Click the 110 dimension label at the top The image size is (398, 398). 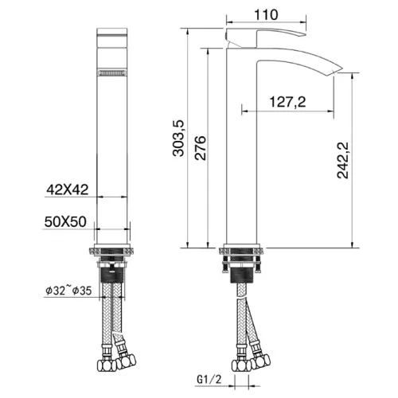(266, 15)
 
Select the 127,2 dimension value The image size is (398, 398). (287, 102)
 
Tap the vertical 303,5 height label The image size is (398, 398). (178, 139)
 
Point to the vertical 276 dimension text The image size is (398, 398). (200, 148)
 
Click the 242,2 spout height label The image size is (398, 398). (342, 160)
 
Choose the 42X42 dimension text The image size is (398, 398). (68, 189)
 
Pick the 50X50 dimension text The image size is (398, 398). (65, 222)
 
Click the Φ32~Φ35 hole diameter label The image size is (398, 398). (68, 291)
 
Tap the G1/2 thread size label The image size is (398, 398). (209, 380)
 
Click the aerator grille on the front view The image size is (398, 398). (112, 72)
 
